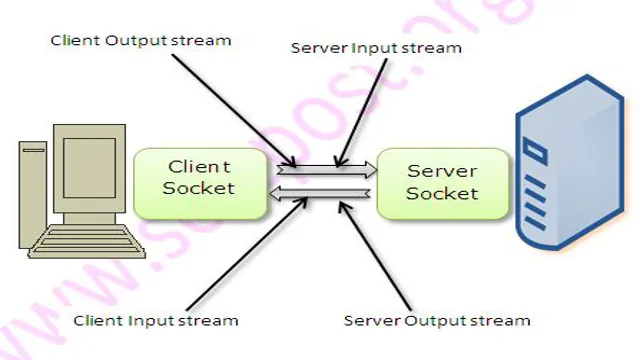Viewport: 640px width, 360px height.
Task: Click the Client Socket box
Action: click(199, 183)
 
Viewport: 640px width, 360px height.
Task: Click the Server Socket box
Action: click(428, 183)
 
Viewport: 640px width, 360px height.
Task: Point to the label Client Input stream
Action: click(156, 320)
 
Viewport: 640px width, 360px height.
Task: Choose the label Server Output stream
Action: click(437, 320)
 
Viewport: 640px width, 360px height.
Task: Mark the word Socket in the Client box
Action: click(200, 188)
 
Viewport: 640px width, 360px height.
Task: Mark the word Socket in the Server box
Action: click(429, 192)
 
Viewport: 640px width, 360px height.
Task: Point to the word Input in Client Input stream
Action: click(151, 320)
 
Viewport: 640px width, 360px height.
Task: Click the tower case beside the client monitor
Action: click(31, 195)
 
